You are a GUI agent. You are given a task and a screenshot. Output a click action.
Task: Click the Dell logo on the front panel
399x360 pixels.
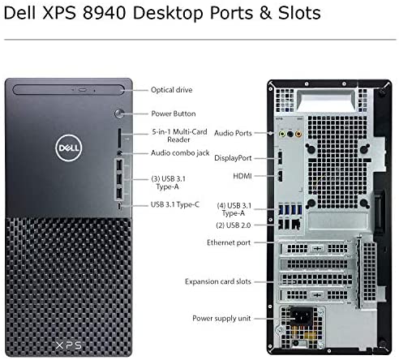point(69,148)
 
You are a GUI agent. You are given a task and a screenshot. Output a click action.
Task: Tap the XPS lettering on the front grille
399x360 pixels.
point(68,345)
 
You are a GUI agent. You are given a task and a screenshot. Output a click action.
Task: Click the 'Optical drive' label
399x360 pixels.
point(172,90)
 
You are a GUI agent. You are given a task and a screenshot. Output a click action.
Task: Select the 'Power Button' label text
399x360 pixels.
point(174,114)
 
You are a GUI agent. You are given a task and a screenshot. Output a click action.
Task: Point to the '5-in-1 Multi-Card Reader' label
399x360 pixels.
point(179,135)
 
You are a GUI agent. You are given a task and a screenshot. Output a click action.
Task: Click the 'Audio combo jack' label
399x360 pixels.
point(180,153)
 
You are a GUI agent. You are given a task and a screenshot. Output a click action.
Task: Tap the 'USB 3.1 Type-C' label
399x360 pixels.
point(175,204)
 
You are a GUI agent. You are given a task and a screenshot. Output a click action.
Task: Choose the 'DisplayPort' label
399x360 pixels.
point(233,158)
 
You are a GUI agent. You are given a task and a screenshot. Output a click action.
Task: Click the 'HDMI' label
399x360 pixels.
point(242,176)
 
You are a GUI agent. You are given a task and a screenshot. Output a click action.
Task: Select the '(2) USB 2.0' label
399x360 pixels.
point(234,225)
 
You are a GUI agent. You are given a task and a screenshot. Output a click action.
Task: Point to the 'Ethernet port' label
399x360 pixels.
point(229,242)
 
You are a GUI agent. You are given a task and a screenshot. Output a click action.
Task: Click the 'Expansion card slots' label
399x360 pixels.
point(218,281)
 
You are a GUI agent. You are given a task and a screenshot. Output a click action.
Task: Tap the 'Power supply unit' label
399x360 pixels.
point(221,319)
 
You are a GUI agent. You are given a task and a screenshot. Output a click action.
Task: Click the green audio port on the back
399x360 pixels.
point(282,134)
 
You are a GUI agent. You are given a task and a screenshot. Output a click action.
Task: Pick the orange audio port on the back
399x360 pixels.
point(298,134)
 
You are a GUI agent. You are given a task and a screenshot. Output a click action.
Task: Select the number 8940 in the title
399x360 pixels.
point(105,13)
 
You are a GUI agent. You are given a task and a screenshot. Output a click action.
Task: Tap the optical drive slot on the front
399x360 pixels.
point(69,90)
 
